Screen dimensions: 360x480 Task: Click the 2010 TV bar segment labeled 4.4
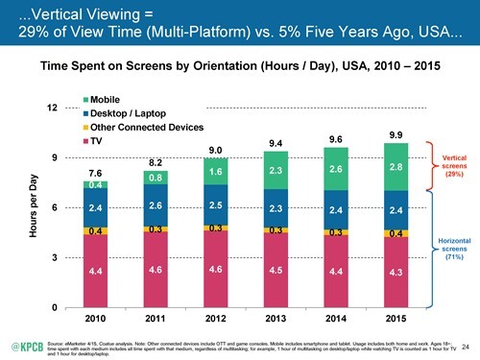[95, 273]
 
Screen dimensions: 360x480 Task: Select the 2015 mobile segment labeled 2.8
[396, 167]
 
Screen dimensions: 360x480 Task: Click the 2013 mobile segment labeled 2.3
[275, 171]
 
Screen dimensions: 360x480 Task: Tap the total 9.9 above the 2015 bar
[396, 135]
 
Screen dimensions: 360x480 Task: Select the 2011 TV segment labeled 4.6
[156, 272]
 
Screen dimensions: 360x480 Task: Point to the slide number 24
[466, 345]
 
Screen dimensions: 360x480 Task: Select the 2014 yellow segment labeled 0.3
[335, 232]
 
